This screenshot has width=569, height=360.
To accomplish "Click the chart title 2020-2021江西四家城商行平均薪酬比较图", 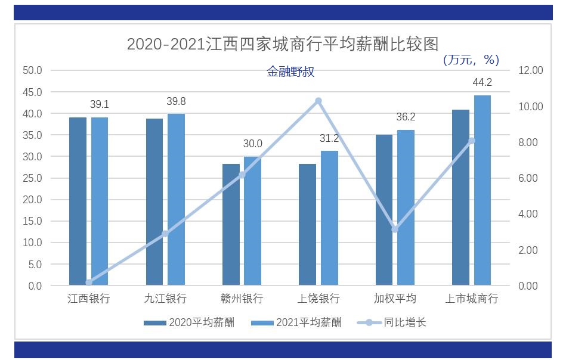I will [283, 44].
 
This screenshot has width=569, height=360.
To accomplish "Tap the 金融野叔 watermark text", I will [290, 72].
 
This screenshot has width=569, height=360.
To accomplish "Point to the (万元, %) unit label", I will [471, 60].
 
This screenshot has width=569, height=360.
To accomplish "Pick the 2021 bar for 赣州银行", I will [252, 221].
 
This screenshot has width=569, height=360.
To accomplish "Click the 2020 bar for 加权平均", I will [384, 210].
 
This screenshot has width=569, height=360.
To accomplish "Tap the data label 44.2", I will [482, 82].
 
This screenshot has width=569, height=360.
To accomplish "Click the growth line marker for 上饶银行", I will [318, 101].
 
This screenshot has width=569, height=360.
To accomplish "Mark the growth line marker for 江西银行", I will [89, 283].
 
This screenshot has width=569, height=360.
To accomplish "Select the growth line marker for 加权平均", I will [395, 229].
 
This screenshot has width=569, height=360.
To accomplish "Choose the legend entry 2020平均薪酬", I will [189, 323].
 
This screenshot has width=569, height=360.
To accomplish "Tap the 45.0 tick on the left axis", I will [32, 92].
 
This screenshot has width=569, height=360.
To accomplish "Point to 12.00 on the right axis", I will [531, 70].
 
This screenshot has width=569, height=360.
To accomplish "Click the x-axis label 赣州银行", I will [242, 299].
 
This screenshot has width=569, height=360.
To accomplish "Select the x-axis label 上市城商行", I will [471, 299].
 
